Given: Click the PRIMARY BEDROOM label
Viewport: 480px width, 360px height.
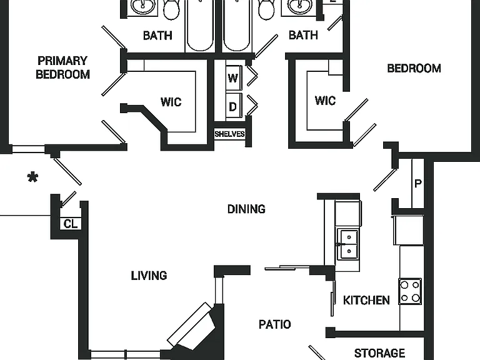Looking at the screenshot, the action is (62, 67).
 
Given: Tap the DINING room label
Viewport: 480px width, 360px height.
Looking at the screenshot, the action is (246, 209).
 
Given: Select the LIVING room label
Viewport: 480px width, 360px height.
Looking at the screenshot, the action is (149, 276).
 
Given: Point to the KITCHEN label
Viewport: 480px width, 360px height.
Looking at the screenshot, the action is (366, 300).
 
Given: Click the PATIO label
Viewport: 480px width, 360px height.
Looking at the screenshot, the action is (275, 324).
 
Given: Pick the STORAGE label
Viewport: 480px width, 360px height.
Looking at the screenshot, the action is (379, 353).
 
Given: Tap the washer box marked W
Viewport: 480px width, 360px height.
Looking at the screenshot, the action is (233, 78).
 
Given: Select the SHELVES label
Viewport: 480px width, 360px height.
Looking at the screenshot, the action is (229, 134).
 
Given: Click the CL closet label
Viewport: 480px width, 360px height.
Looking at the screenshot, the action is (71, 224).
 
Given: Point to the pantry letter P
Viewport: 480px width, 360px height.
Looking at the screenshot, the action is (418, 183).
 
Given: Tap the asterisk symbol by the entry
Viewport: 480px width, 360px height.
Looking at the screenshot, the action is (32, 177).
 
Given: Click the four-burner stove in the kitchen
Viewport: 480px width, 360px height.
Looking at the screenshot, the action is (410, 291).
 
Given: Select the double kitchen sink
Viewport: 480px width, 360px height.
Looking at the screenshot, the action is (349, 244).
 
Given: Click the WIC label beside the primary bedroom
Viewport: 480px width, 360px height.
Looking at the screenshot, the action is (171, 102).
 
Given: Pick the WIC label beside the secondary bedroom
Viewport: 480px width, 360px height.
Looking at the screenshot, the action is (325, 101).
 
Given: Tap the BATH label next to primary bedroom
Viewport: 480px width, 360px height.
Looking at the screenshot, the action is (157, 36).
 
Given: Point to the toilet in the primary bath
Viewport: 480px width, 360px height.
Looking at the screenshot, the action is (172, 9).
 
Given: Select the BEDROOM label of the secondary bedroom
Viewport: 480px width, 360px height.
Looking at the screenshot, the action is (414, 68).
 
